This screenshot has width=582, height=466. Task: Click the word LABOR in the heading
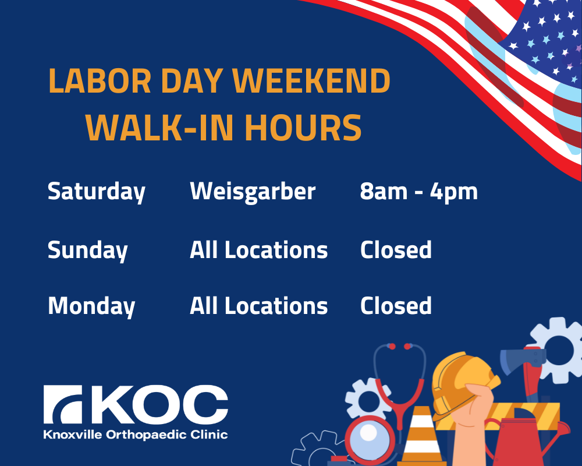point(100,80)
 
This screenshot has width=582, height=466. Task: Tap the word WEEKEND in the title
point(311,80)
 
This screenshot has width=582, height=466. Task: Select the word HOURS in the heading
point(303,128)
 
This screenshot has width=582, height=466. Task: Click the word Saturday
point(96,192)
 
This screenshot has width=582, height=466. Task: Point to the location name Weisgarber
point(253,192)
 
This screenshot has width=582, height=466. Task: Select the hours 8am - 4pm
point(418,192)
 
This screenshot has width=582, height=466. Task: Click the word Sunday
point(88,250)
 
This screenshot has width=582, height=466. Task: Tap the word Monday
point(91,306)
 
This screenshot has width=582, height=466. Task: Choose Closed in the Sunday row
point(396,250)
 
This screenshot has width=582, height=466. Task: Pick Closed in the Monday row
point(396,306)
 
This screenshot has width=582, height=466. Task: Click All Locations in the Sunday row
point(259,250)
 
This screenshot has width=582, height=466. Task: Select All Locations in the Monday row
point(259,306)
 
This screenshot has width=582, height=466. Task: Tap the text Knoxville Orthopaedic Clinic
point(136,435)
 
